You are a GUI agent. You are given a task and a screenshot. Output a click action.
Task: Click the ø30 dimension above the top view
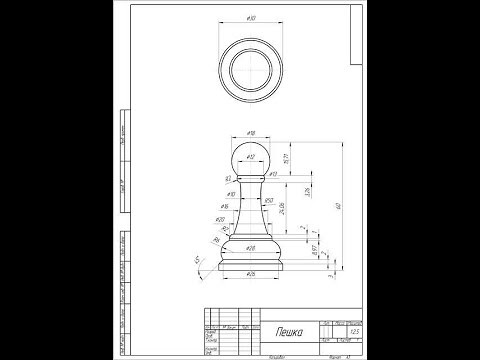pos(250,19)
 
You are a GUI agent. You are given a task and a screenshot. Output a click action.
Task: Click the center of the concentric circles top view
pos(250,71)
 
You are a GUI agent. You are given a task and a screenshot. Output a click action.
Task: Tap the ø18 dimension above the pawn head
pos(250,132)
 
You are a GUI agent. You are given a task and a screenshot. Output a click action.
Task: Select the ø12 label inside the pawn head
pos(250,157)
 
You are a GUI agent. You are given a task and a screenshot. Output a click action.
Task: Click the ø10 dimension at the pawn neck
pos(231,194)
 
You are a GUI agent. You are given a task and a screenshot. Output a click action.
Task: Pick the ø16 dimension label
pos(225,206)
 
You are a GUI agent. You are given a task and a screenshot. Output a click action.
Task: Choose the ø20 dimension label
pos(220,219)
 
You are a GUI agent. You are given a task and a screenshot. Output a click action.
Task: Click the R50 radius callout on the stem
pos(269,201)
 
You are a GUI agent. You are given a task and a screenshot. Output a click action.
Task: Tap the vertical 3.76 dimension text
pos(306,190)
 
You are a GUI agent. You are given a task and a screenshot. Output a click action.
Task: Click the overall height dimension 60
pos(340,205)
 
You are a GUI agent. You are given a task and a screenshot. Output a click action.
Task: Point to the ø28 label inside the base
pos(251,246)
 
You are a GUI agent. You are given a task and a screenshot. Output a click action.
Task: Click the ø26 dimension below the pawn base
pos(250,272)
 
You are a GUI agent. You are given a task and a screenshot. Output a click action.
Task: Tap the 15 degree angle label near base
pos(197,259)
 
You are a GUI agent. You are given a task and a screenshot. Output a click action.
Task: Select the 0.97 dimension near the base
pos(313,250)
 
